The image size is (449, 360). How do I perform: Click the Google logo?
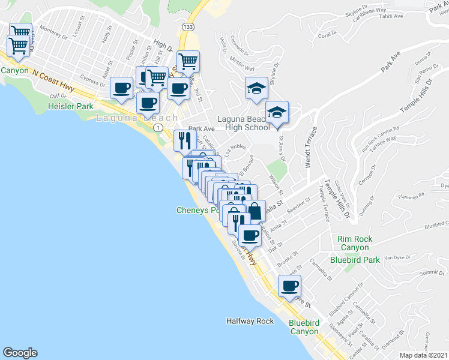click(x=20, y=353)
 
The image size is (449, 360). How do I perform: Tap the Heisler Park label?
click(x=70, y=107)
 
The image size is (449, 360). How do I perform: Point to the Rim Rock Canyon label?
click(x=355, y=244)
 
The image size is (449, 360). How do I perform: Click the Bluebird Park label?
click(x=355, y=260)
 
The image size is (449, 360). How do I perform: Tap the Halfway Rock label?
click(x=250, y=321)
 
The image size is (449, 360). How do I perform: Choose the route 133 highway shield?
click(x=188, y=27)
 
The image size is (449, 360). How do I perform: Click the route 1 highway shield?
click(x=158, y=128)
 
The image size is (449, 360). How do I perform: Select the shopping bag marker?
click(x=255, y=212)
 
